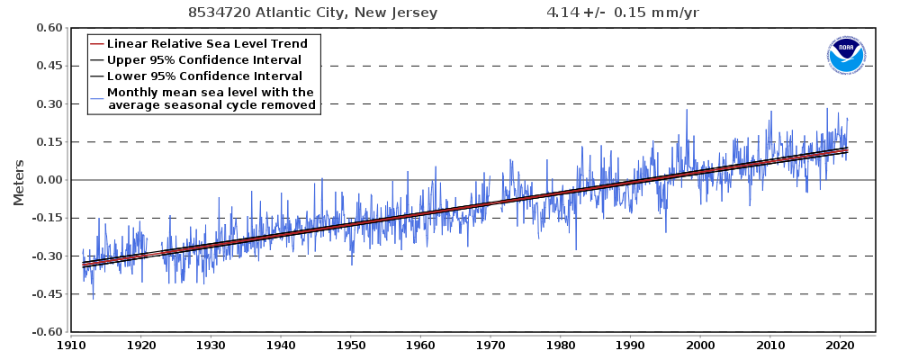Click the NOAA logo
pos(845,56)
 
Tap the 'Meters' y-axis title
pos(19,180)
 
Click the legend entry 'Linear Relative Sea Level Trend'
pos(207,44)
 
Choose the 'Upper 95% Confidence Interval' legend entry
pos(204,60)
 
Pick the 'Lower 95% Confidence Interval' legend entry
pos(204,76)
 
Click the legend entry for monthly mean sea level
pos(211,99)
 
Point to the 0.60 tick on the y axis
pos(49,28)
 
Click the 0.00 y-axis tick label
pos(49,180)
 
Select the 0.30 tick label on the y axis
pos(49,104)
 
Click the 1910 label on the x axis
pos(71,345)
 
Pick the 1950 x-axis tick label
pos(351,345)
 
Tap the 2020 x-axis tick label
pos(840,345)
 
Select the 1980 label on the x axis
pos(561,345)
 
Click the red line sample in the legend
pos(96,44)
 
